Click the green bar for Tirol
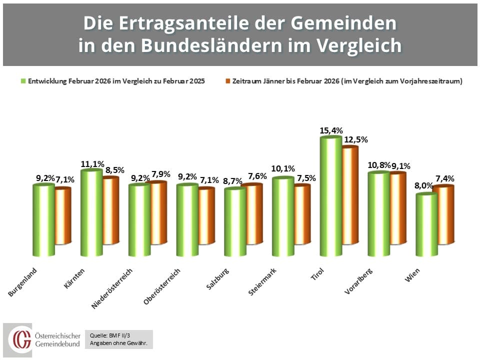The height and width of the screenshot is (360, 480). [x=330, y=197]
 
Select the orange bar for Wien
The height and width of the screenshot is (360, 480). [x=443, y=215]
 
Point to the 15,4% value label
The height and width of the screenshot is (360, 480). [x=331, y=130]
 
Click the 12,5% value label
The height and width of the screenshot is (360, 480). [x=355, y=140]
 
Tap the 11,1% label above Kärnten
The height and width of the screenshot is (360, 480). [x=92, y=164]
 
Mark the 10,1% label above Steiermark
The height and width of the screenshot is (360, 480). [x=283, y=169]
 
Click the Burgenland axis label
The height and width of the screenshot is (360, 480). [x=24, y=281]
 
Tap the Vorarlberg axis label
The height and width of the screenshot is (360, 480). [x=359, y=281]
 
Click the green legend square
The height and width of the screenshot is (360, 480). [x=23, y=81]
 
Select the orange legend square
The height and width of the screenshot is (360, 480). [x=227, y=81]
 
